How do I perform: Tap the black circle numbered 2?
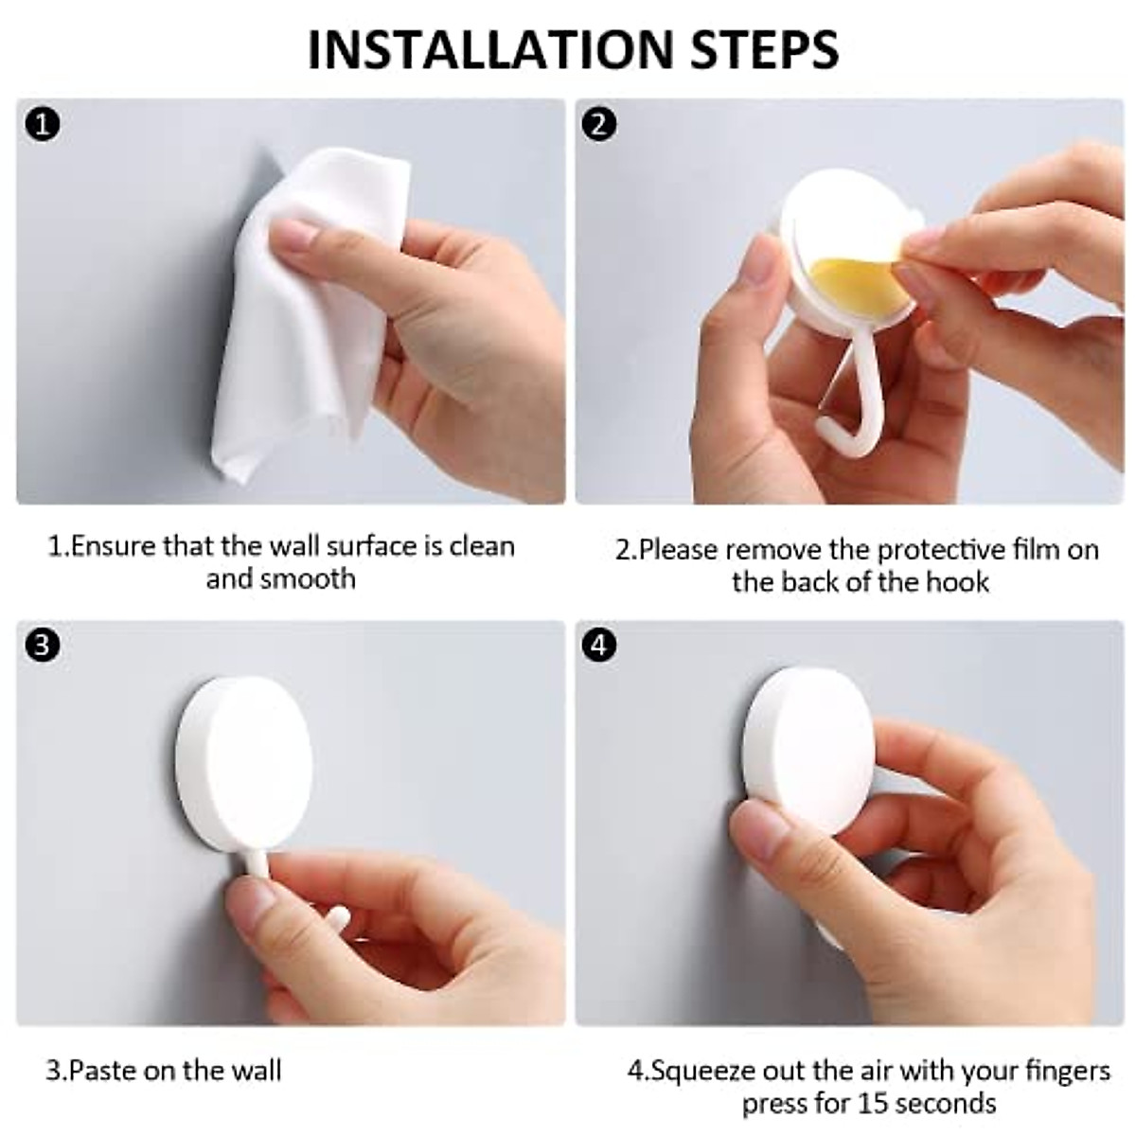coord(600,124)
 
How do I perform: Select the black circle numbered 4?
coord(600,646)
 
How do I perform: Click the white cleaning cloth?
coord(303,312)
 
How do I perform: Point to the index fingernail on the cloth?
coord(298,232)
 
